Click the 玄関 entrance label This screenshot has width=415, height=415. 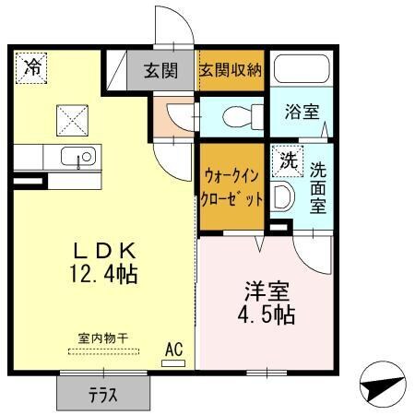[160, 71]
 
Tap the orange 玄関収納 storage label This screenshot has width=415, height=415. [231, 70]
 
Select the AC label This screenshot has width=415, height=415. [172, 350]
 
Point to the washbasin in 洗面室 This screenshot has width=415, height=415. [283, 196]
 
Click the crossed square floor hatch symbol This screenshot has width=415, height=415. [71, 120]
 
